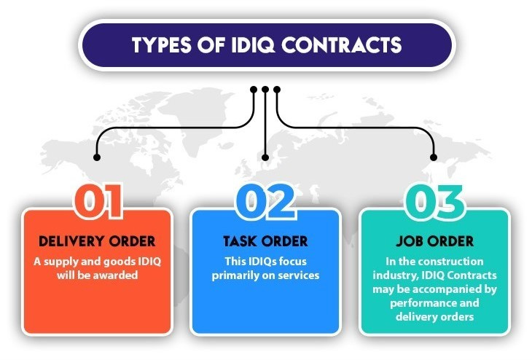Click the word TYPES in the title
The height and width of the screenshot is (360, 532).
click(x=164, y=45)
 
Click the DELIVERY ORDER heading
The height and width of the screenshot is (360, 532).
click(x=97, y=241)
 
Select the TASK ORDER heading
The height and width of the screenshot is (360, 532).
click(x=265, y=241)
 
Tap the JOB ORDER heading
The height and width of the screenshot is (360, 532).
click(x=435, y=241)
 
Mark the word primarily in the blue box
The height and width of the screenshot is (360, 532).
click(x=246, y=275)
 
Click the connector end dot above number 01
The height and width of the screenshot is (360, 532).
click(x=97, y=156)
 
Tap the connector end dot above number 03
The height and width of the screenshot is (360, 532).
click(x=434, y=156)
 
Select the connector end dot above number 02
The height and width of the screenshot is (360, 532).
click(x=266, y=156)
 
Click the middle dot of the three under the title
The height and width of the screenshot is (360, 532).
click(x=266, y=90)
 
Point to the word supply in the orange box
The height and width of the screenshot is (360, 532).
click(x=68, y=261)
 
